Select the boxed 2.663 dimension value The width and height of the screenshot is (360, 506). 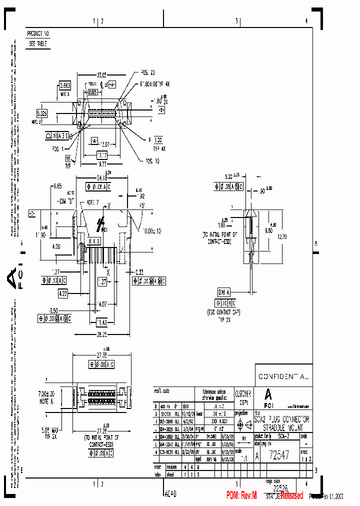pos(65,85)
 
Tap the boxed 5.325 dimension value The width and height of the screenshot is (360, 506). pos(42,113)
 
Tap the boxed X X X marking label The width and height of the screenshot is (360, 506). pos(94,240)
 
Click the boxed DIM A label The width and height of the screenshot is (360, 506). pos(223,292)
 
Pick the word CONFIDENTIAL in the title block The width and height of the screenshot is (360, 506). pos(283,375)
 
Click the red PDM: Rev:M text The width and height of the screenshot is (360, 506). pos(241,495)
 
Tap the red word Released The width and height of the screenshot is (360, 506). pos(291,495)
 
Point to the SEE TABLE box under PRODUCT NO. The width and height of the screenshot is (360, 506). pos(38,43)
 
